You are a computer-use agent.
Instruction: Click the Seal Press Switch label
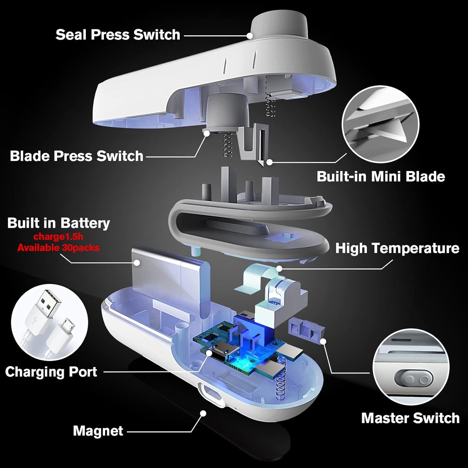click(x=118, y=35)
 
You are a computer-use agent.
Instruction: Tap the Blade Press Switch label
click(x=76, y=156)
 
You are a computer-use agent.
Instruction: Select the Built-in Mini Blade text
click(x=381, y=177)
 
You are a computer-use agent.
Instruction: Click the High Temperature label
click(x=397, y=248)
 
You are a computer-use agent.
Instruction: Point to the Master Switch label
click(x=410, y=418)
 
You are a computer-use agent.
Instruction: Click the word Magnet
click(x=98, y=431)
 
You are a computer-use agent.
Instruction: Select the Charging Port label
click(x=51, y=372)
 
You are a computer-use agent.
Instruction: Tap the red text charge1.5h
click(x=58, y=237)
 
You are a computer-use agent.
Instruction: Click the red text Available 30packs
click(x=58, y=248)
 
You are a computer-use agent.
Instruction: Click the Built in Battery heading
click(x=59, y=223)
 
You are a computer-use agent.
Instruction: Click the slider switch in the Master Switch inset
click(x=414, y=379)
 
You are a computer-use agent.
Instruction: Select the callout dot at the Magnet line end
click(x=203, y=413)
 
